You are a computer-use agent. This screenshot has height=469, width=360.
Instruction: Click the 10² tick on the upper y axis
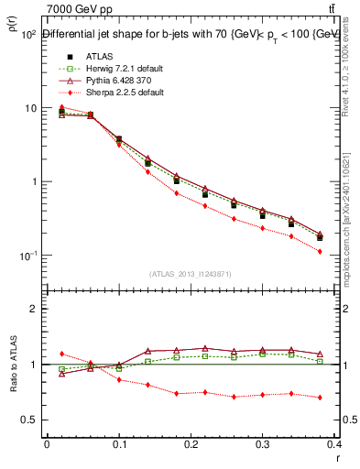(27, 35)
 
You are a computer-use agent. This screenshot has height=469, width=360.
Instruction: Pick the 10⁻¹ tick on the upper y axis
(27, 256)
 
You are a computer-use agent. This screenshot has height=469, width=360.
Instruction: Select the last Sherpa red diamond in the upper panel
(345, 251)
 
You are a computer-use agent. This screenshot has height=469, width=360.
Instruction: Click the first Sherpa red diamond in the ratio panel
(61, 354)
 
